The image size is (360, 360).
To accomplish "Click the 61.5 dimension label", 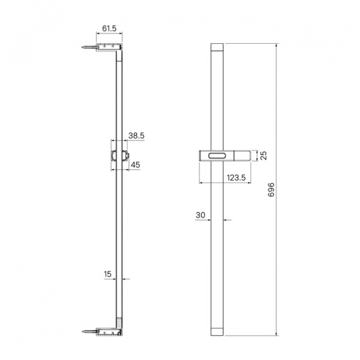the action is tap(109, 28).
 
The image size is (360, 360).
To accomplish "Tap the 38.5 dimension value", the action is tap(136, 136).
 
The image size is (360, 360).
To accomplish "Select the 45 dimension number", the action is tap(135, 164).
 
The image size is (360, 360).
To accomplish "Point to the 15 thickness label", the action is tap(107, 274).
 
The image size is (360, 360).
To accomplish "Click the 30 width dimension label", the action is tap(200, 215).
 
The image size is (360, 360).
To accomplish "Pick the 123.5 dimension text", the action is tap(236, 178).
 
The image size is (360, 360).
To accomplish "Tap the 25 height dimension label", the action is tap(264, 155).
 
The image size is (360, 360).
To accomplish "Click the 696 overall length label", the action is tap(271, 190).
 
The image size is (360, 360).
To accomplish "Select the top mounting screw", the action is tap(89, 47).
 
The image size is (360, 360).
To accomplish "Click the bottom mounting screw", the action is tap(89, 331).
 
